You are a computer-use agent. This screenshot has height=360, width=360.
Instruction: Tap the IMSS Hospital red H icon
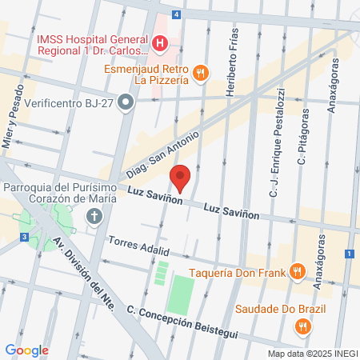click(x=160, y=43)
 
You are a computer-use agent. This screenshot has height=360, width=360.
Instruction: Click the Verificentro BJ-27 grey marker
click(x=125, y=102)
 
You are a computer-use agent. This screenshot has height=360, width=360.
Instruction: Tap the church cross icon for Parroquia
click(x=94, y=216)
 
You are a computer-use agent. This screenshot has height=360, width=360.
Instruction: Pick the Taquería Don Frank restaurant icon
click(x=297, y=270)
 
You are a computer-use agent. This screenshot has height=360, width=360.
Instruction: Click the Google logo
click(x=26, y=350)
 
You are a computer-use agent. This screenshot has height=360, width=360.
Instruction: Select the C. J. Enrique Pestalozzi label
click(x=274, y=168)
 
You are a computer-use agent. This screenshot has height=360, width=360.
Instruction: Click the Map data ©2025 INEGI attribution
click(x=310, y=353)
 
